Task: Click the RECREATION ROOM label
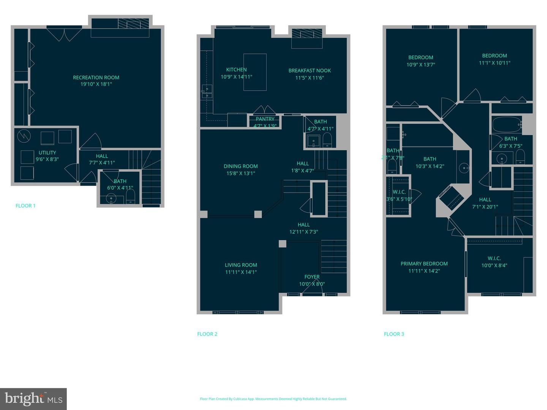tap(96, 77)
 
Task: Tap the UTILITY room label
tap(47, 153)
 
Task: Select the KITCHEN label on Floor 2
tap(236, 69)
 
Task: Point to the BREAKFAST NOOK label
tap(310, 71)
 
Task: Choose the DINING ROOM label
tap(240, 166)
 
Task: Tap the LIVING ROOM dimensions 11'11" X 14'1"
tap(241, 272)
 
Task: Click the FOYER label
tap(312, 277)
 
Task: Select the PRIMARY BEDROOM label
tap(424, 264)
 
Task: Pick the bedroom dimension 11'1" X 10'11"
tap(495, 63)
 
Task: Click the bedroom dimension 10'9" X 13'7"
tap(421, 65)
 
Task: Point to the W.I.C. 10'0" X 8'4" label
tap(494, 262)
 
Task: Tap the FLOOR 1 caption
tap(25, 206)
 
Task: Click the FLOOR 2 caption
tap(207, 334)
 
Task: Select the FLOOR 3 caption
tap(394, 334)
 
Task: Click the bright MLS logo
tap(33, 399)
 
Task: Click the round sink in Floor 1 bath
tap(111, 198)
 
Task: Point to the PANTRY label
tap(265, 119)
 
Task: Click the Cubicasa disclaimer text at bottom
tap(273, 399)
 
